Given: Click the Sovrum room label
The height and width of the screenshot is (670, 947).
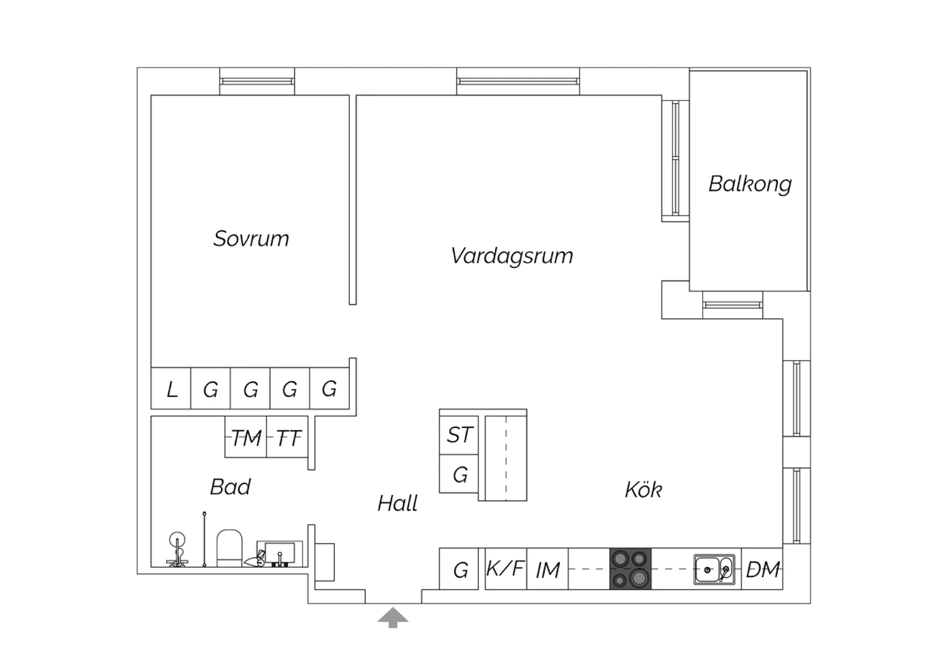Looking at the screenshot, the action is coord(251,239).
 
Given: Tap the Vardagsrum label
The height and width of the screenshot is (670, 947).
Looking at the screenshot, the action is coord(512,257).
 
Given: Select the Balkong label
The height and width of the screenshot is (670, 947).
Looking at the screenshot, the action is coord(750,185).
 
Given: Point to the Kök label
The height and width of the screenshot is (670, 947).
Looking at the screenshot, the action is coord(643,490).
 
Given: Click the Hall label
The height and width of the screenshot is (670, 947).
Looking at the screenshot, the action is coord(397,503).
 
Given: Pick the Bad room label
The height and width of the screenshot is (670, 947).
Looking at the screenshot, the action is coord(230,487).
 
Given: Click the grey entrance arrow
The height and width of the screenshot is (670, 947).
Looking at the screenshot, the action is coord(393,618).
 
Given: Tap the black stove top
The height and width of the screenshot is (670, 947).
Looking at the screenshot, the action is coord(630,569).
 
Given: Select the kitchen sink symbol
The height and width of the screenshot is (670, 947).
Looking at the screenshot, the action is coord(714,569).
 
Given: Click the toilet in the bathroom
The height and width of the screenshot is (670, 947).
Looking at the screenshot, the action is coord(229,548).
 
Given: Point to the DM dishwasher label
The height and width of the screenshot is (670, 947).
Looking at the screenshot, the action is coord(763,569).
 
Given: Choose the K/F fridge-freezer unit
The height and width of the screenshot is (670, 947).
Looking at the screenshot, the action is coord(506,569).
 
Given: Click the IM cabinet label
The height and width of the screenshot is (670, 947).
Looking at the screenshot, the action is coord(548,570).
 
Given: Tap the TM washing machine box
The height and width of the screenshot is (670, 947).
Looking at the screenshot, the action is coord(246,437).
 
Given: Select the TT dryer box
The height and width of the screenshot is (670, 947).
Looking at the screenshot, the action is coord(287,437).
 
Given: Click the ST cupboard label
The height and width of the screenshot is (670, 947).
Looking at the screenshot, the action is coord(459,435).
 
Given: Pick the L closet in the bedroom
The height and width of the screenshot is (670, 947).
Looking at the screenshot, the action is coord(171,388).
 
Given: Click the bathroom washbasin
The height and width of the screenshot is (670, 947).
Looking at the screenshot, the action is coord(280,554).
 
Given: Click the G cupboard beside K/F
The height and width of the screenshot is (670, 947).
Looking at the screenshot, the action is coord(459,569).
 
